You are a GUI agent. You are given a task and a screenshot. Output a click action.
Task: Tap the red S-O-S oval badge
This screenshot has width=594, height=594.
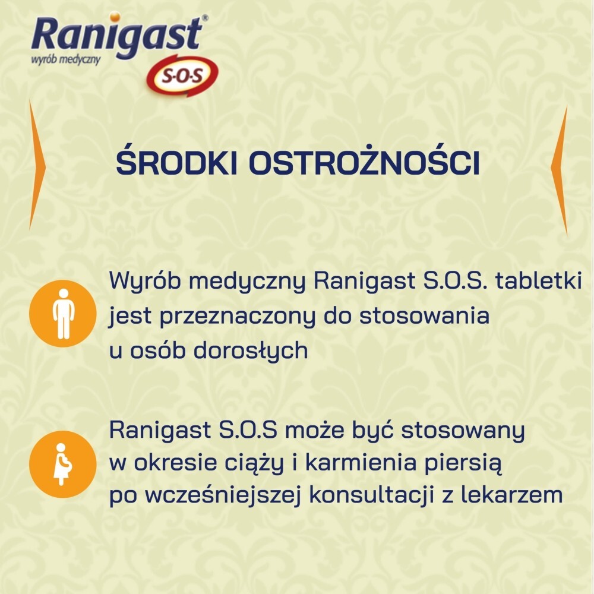[x=182, y=76]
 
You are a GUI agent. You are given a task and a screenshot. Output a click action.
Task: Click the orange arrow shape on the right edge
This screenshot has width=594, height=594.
[x=559, y=169]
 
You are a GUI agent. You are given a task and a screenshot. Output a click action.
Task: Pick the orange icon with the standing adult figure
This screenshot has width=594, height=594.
[x=62, y=313]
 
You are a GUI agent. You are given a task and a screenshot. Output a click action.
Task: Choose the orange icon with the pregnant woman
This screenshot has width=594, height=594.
[x=62, y=463]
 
